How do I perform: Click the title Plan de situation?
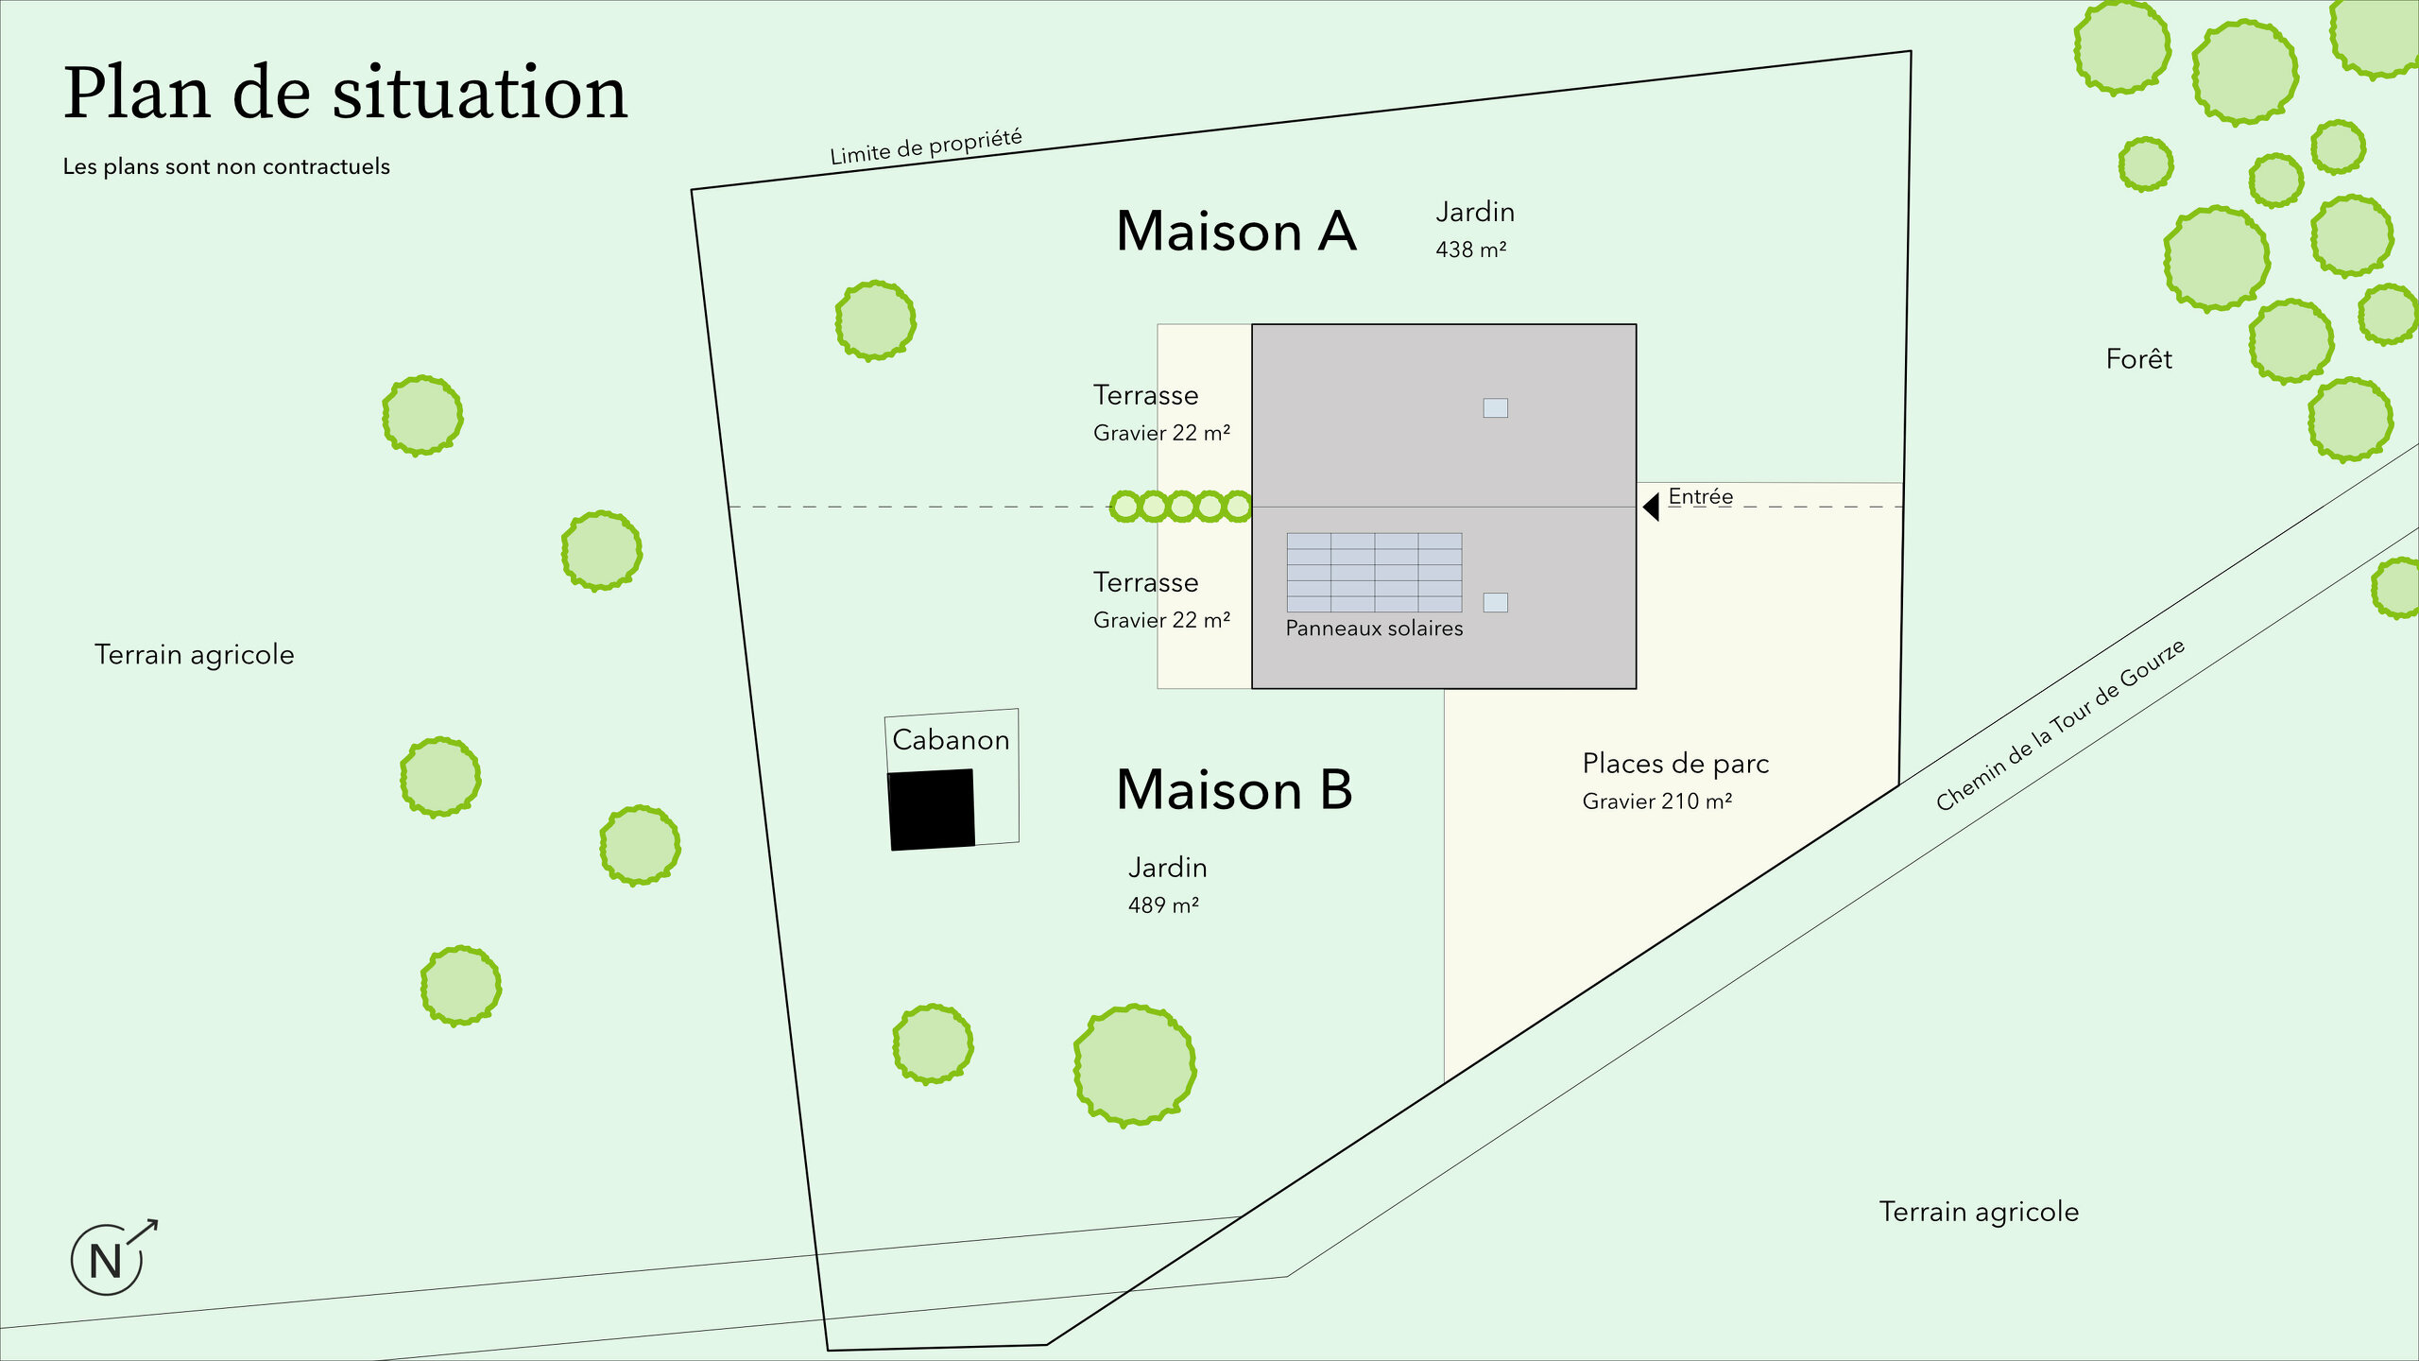coord(345,94)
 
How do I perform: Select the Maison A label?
coord(1236,232)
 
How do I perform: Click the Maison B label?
coord(1234,790)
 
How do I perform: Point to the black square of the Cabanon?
coord(931,809)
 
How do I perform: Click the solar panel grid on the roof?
coord(1374,572)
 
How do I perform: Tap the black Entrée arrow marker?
coord(1651,507)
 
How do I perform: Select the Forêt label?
coord(2138,359)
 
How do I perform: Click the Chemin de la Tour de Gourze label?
coord(2060,725)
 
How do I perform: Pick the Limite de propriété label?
coord(926,147)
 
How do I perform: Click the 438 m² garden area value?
coord(1470,250)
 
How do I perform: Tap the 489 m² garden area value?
coord(1163,905)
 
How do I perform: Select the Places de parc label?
coord(1675,764)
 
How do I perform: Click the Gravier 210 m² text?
coord(1656,801)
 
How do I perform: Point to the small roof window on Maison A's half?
coord(1495,407)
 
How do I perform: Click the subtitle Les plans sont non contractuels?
coord(226,166)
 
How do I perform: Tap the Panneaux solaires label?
coord(1374,629)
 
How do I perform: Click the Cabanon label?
coord(951,740)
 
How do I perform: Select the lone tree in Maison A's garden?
coord(875,320)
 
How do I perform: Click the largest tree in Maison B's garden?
coord(1135,1065)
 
